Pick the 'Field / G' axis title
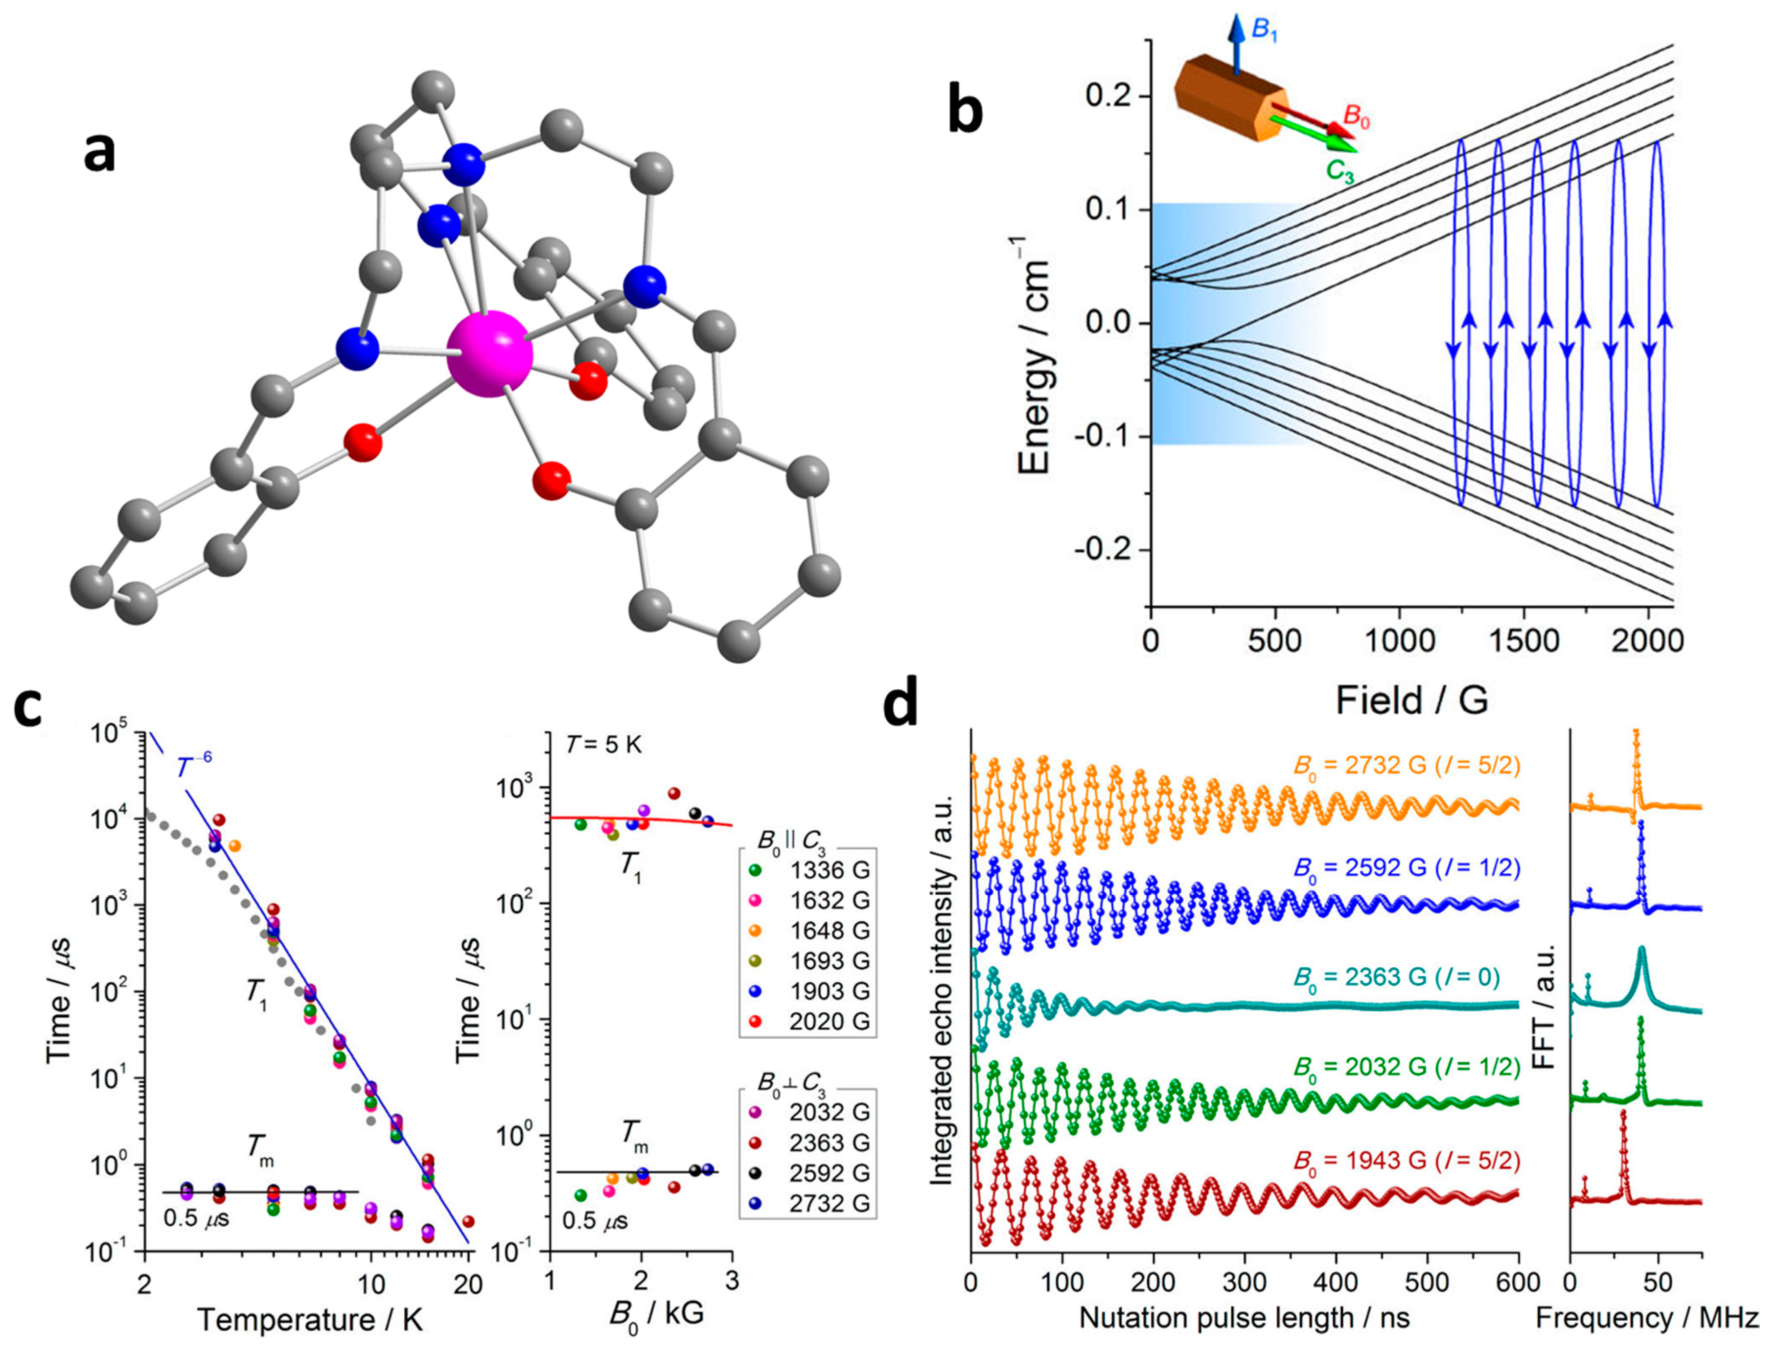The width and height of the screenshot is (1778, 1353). pyautogui.click(x=1411, y=700)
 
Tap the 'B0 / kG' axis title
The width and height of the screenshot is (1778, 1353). pyautogui.click(x=655, y=1313)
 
